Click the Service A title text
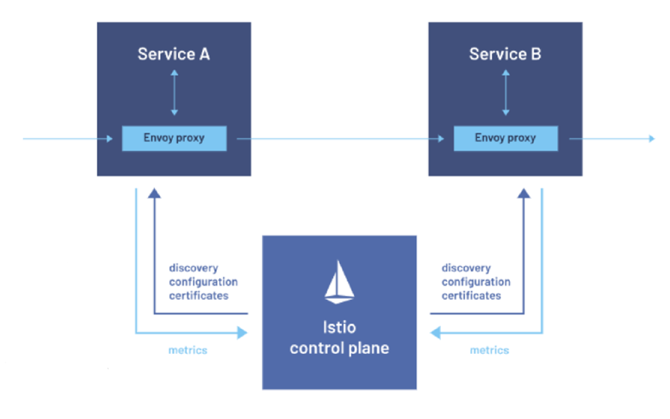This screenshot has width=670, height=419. (174, 54)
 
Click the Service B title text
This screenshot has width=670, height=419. (505, 54)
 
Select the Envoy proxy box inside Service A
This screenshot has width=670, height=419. (174, 139)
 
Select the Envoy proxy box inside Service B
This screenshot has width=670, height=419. (505, 139)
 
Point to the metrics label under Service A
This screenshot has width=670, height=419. (188, 350)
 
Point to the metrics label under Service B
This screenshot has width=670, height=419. (490, 350)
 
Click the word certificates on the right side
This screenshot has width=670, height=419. (471, 295)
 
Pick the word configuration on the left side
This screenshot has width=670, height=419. (203, 282)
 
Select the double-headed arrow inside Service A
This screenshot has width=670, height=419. (174, 92)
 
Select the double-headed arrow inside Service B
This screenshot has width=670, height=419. (505, 92)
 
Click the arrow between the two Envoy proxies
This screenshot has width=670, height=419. (341, 139)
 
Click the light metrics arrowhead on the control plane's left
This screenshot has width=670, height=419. (242, 333)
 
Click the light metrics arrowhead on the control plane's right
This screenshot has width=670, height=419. (436, 333)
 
